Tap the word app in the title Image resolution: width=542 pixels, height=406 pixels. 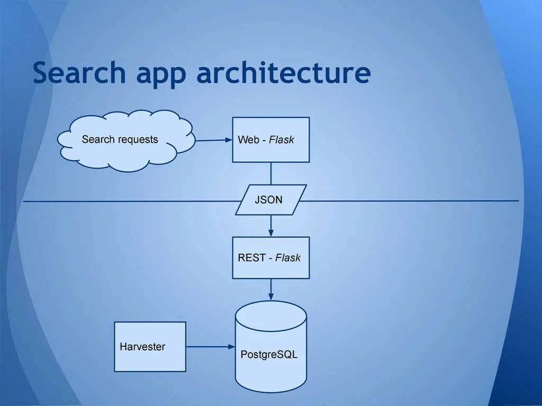161,74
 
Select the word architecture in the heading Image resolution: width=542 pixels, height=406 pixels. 283,73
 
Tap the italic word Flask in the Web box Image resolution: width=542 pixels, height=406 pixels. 281,140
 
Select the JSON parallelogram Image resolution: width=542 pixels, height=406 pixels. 270,200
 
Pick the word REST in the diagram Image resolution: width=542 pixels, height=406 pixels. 251,258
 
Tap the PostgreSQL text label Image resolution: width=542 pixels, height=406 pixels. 269,355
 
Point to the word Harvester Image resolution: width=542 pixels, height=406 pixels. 142,347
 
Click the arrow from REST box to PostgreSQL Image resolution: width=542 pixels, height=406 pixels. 271,289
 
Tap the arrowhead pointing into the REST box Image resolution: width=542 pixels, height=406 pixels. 271,233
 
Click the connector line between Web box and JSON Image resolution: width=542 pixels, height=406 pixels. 271,173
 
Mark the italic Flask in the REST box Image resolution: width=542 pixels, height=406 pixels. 288,258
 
